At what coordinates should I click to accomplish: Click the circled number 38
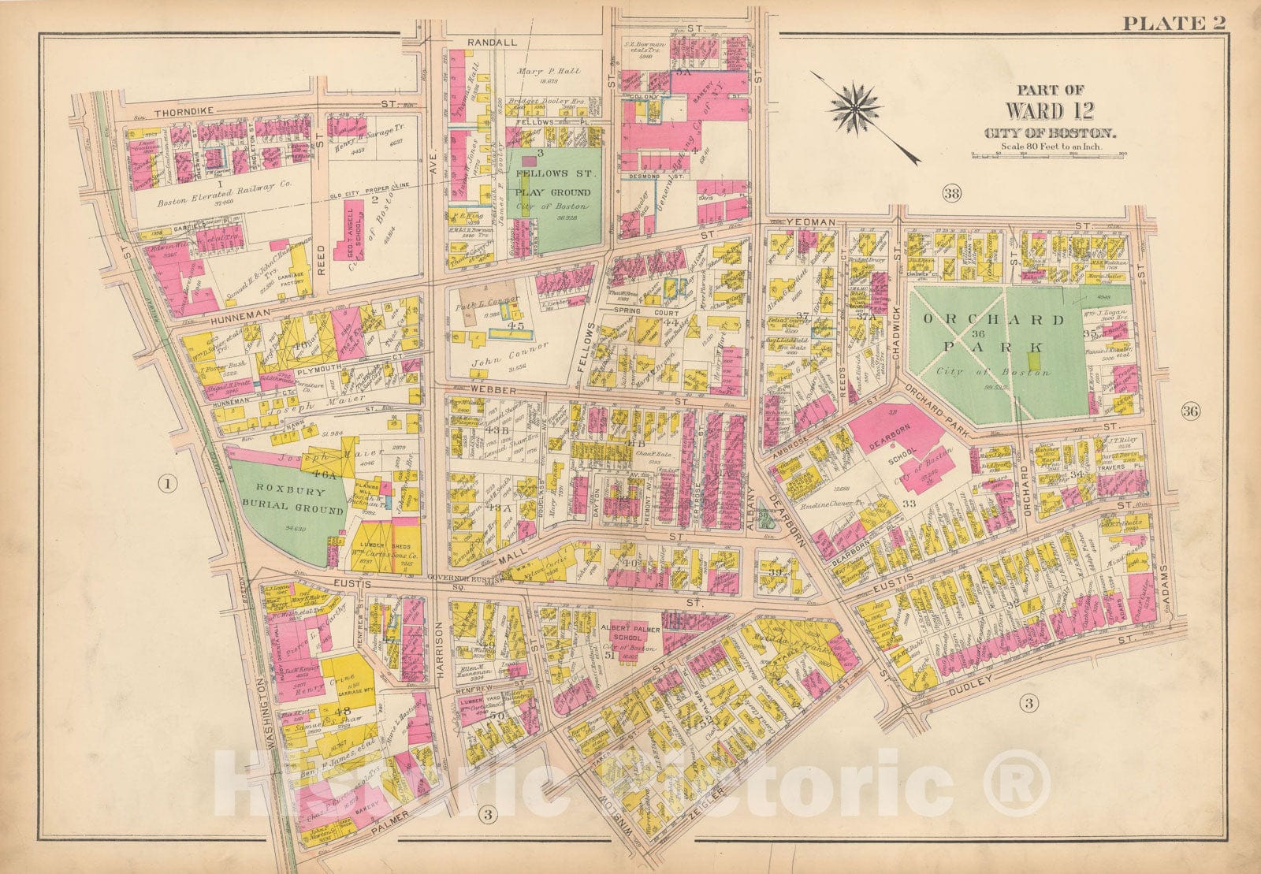pos(952,193)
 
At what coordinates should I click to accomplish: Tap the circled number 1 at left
pos(167,485)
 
